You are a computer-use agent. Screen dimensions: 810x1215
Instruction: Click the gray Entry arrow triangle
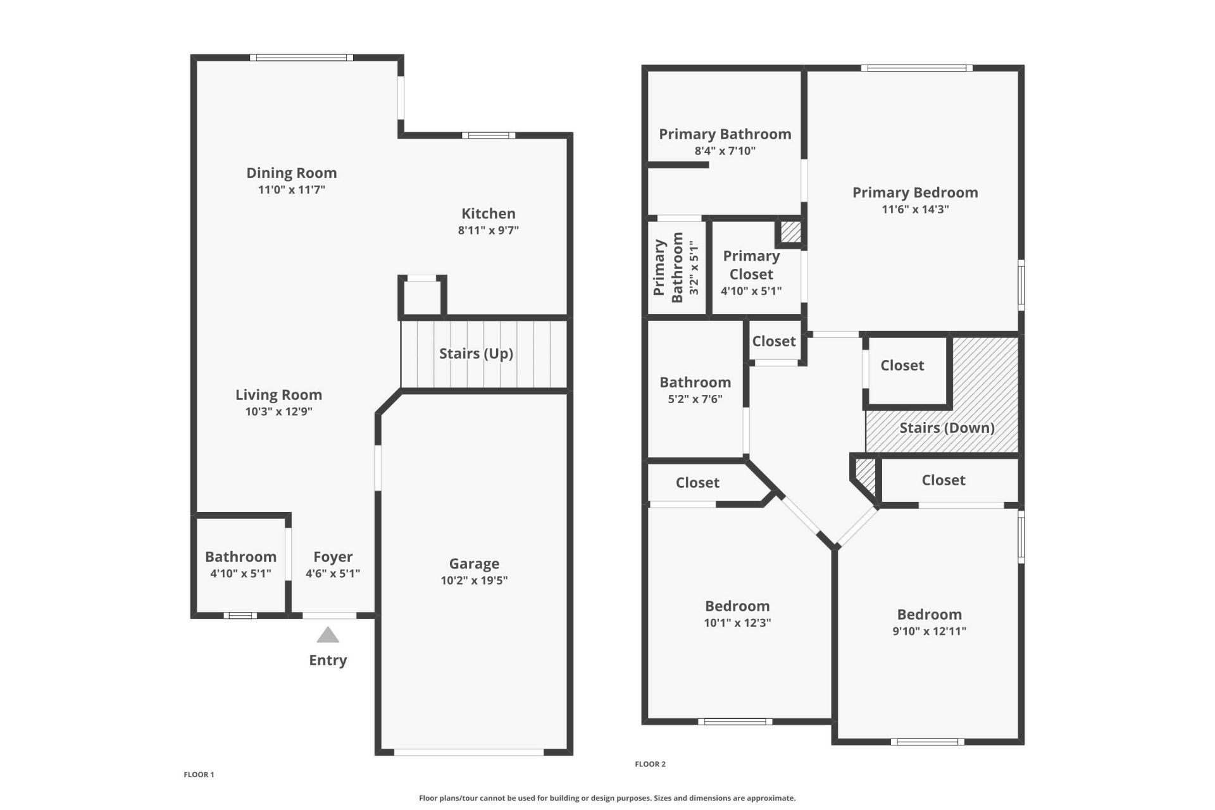pos(328,635)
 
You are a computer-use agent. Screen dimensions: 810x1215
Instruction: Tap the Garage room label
pos(474,563)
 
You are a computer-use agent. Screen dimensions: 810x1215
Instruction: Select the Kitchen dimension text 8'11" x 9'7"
pos(488,230)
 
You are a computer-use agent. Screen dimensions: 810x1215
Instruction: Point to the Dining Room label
pos(291,173)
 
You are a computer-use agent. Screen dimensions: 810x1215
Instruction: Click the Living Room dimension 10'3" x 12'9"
pos(278,411)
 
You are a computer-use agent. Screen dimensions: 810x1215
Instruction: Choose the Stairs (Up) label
pos(476,353)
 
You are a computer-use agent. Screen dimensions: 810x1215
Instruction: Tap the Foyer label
pos(333,557)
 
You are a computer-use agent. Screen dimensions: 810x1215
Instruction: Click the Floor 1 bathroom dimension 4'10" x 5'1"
pos(240,573)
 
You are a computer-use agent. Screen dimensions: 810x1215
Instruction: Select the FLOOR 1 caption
pos(199,775)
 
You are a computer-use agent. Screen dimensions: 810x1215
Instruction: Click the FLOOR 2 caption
pos(650,764)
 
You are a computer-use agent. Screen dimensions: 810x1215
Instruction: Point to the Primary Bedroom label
pos(915,192)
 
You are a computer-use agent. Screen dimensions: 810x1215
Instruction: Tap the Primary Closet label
pos(751,265)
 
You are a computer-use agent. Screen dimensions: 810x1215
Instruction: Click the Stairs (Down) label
pos(947,428)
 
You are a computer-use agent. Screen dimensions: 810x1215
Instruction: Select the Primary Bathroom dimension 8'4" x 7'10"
pos(725,151)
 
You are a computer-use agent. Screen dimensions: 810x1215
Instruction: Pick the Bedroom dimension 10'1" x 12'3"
pos(737,623)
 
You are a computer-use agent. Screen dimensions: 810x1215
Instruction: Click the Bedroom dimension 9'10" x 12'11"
pos(929,631)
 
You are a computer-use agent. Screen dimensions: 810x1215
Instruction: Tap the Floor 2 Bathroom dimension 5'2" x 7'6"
pos(695,399)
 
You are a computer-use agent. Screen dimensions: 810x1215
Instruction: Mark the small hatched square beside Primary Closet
pos(790,232)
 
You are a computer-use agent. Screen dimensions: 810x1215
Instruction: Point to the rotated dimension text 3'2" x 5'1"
pos(694,268)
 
